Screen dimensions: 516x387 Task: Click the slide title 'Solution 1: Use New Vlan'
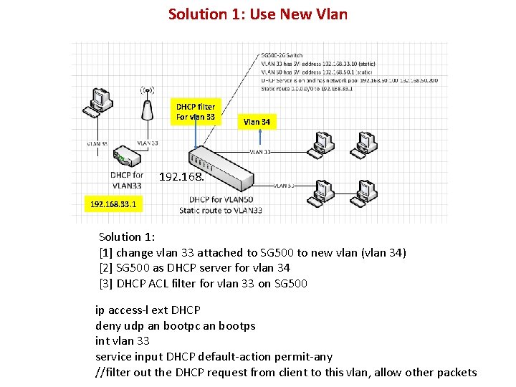[x=257, y=14]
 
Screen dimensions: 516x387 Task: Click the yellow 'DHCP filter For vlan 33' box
[x=196, y=112]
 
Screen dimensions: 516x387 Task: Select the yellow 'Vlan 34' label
[x=257, y=122]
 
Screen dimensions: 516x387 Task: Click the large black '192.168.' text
[x=181, y=176]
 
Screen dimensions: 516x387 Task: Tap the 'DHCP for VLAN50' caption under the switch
[x=221, y=199]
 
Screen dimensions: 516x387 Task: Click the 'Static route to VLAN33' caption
[x=221, y=211]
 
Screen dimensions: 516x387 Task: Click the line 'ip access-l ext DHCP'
[x=148, y=310]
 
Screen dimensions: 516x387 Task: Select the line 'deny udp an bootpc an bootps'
[x=175, y=325]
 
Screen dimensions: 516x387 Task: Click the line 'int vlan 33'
[x=123, y=340]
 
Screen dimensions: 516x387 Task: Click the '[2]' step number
[x=106, y=267]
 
